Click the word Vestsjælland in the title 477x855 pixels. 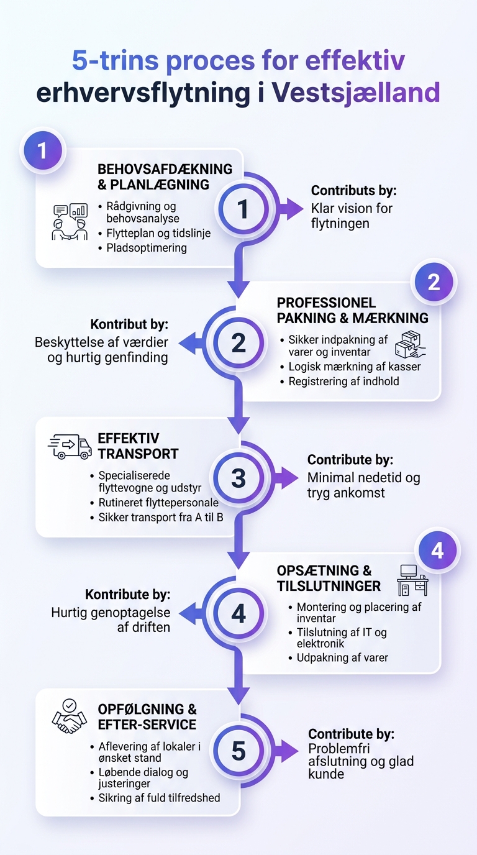click(x=356, y=93)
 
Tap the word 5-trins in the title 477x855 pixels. click(x=116, y=60)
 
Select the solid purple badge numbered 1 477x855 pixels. click(x=43, y=150)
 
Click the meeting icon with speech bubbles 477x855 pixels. click(x=70, y=222)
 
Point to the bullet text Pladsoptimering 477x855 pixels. click(x=147, y=248)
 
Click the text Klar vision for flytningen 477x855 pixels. click(x=352, y=216)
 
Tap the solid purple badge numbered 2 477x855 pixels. click(x=434, y=283)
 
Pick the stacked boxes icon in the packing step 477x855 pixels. click(x=410, y=344)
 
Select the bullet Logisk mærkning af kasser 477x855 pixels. click(x=355, y=367)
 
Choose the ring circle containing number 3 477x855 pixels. click(x=238, y=477)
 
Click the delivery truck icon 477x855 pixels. click(x=70, y=446)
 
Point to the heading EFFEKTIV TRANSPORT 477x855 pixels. click(x=138, y=446)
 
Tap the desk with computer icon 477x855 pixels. click(x=412, y=580)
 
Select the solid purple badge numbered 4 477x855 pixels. click(x=437, y=551)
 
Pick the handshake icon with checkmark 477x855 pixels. click(x=69, y=716)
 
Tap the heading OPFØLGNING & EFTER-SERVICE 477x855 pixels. click(x=147, y=716)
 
